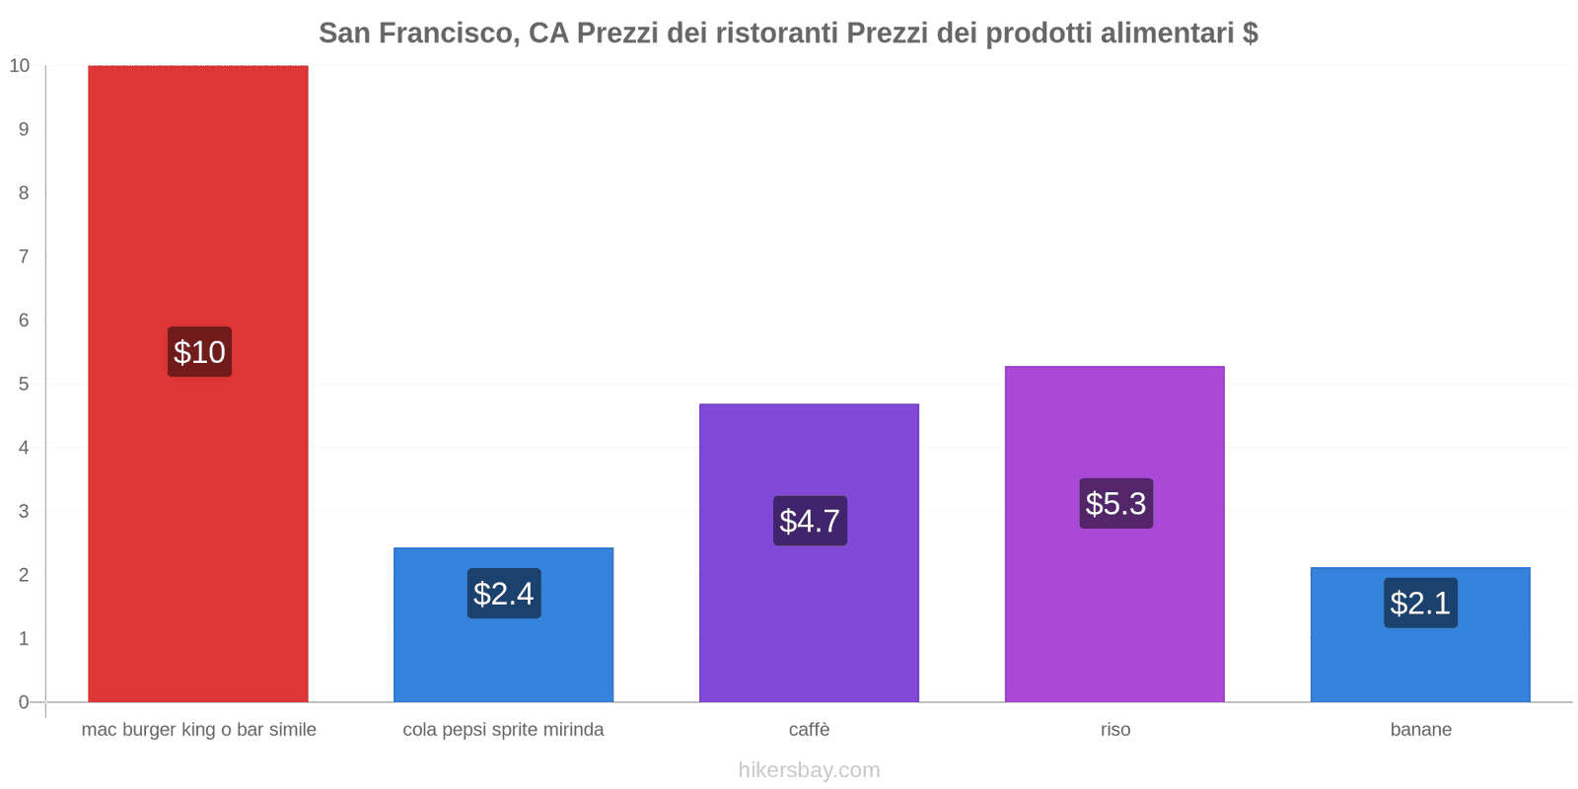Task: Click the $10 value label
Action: pyautogui.click(x=199, y=352)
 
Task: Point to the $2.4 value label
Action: pyautogui.click(x=504, y=594)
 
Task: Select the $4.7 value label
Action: pyautogui.click(x=810, y=521)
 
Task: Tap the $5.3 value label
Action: pyautogui.click(x=1115, y=503)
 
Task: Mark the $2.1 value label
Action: pyautogui.click(x=1420, y=603)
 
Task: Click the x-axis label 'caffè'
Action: pyautogui.click(x=809, y=730)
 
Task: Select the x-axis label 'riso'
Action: pyautogui.click(x=1115, y=730)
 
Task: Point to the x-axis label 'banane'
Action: pyautogui.click(x=1420, y=730)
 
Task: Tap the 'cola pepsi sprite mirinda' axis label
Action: pyautogui.click(x=503, y=730)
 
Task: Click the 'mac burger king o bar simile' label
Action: pyautogui.click(x=198, y=730)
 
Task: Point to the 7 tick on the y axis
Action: pyautogui.click(x=24, y=256)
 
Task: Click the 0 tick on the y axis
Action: pyautogui.click(x=24, y=702)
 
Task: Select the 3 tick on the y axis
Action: pyautogui.click(x=24, y=511)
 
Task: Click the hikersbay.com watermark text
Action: pyautogui.click(x=809, y=770)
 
